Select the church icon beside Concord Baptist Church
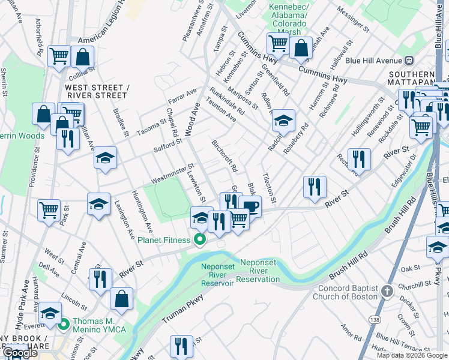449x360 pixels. pyautogui.click(x=387, y=292)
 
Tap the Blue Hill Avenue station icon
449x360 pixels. pyautogui.click(x=410, y=60)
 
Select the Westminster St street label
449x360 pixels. pyautogui.click(x=172, y=173)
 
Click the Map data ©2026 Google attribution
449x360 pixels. pyautogui.click(x=412, y=355)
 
